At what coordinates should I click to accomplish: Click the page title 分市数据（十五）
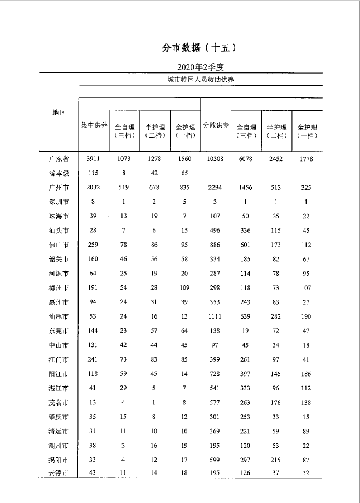pos(200,48)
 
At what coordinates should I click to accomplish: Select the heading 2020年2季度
pos(200,67)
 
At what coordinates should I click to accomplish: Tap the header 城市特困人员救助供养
pos(201,79)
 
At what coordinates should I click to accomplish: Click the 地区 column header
pos(59,113)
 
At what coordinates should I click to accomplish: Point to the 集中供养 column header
pos(94,125)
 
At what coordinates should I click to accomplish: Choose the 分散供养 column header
pos(215,125)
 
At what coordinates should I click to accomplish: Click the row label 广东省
pos(59,159)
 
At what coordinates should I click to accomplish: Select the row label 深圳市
pos(59,202)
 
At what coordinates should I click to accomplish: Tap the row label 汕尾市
pos(59,316)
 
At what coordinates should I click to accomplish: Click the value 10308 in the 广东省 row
pos(215,159)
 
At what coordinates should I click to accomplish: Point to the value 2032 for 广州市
pos(94,188)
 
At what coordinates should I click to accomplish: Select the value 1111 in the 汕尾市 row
pos(215,316)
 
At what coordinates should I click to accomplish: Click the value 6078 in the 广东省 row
pos(245,159)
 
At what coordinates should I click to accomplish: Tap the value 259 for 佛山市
pos(94,245)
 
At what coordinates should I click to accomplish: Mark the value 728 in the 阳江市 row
pos(215,374)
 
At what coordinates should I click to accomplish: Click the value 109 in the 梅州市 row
pos(184,288)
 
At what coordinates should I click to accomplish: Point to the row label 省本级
pos(59,173)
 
